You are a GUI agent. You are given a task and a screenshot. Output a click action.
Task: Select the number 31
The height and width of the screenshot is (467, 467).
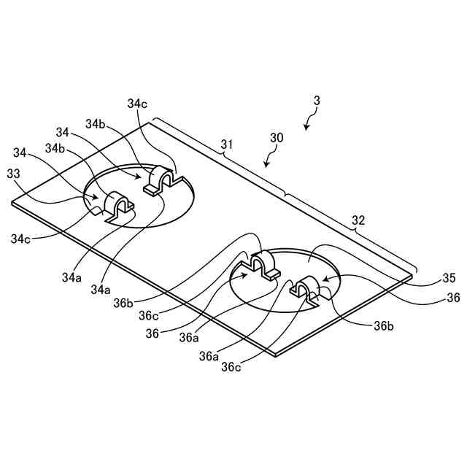[x=227, y=145]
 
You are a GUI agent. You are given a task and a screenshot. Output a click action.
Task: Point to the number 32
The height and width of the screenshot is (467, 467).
[x=359, y=219]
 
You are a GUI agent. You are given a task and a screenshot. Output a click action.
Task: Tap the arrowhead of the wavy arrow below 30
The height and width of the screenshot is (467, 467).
[x=266, y=166]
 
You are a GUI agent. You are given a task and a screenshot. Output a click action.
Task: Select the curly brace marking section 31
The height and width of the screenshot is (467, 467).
[x=219, y=156]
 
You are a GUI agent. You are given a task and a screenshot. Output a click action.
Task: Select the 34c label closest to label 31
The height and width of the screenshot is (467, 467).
[x=137, y=104]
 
